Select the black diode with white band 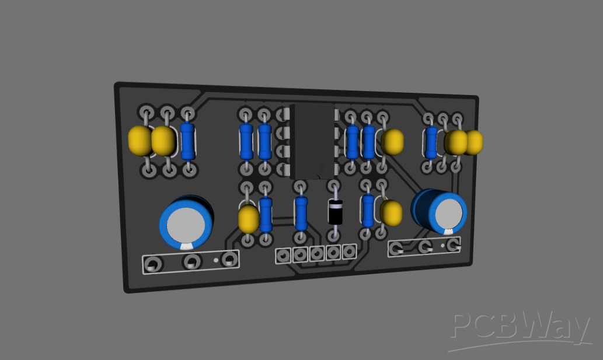click(x=336, y=212)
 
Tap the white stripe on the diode click(x=336, y=205)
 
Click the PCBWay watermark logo click(x=519, y=330)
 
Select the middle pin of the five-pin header click(x=316, y=253)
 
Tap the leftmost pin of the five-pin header click(x=284, y=254)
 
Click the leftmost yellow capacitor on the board click(x=140, y=141)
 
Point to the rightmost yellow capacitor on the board click(x=473, y=142)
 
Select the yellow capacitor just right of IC click(x=392, y=141)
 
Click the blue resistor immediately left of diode click(x=301, y=213)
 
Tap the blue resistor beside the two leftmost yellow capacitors click(x=188, y=141)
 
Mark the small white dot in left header click(x=216, y=260)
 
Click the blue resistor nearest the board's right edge click(x=431, y=142)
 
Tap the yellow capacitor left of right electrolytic click(x=391, y=213)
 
